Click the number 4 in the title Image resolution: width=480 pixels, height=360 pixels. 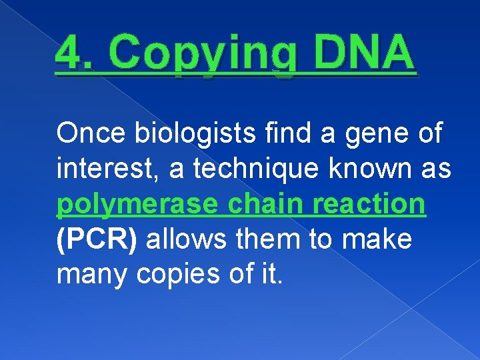pyautogui.click(x=69, y=53)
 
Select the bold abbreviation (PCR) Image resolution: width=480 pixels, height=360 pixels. pyautogui.click(x=97, y=239)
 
